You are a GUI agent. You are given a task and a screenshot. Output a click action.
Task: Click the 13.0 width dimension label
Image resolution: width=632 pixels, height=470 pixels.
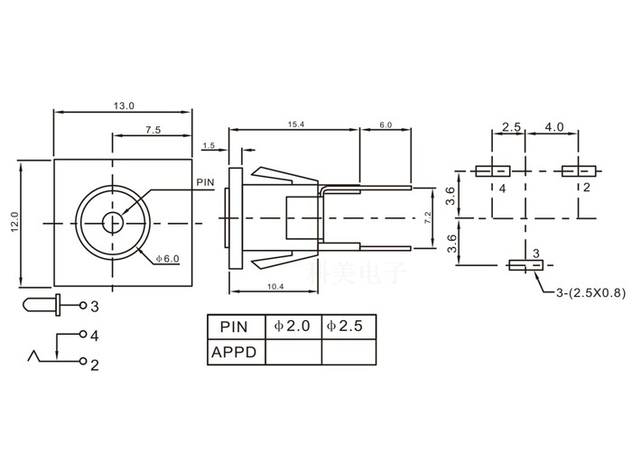[124, 106]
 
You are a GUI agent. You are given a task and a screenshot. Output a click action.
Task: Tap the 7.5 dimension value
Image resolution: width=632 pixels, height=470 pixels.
[152, 130]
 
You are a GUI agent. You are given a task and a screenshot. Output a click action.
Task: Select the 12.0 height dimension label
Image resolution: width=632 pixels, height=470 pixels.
[14, 222]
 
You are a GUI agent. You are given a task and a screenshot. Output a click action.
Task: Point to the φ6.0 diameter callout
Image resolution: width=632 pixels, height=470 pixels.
[168, 259]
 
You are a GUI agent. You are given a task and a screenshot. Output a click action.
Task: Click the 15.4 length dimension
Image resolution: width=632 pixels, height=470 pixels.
[295, 124]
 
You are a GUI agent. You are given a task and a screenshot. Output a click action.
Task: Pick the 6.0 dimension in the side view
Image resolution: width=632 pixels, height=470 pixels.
[386, 124]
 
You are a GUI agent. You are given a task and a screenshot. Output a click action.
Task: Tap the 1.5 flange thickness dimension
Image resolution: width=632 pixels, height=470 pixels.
[209, 144]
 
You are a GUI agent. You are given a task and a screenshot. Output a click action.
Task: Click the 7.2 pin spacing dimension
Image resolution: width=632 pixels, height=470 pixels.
[427, 218]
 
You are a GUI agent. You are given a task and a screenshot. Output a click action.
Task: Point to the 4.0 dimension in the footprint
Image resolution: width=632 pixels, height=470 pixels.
[553, 127]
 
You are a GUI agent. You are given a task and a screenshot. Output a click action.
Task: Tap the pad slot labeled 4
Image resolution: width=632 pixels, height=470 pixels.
[493, 170]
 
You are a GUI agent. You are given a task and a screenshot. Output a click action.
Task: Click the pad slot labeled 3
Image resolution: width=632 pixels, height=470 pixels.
[525, 265]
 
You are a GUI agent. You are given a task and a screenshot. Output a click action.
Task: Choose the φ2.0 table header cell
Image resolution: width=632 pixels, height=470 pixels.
[293, 327]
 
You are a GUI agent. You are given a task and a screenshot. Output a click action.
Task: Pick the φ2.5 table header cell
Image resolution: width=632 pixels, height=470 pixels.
[348, 327]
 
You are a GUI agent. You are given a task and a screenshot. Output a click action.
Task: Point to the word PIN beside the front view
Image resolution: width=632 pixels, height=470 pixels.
[205, 181]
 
